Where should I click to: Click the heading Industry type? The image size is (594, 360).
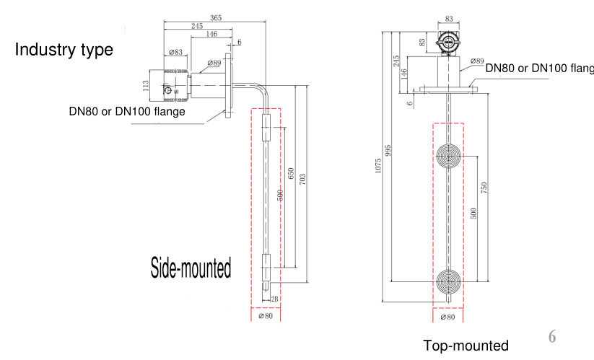pyautogui.click(x=64, y=50)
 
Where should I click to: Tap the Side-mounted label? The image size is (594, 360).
pyautogui.click(x=191, y=268)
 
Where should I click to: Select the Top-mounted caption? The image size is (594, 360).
pyautogui.click(x=466, y=346)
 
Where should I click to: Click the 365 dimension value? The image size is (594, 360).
pyautogui.click(x=215, y=17)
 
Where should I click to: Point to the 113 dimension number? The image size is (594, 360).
pyautogui.click(x=146, y=84)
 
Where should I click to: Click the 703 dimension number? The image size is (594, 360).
pyautogui.click(x=302, y=178)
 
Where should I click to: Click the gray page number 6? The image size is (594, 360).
pyautogui.click(x=552, y=336)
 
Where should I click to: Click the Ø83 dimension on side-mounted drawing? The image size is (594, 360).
pyautogui.click(x=175, y=53)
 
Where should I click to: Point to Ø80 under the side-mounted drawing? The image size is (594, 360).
pyautogui.click(x=265, y=315)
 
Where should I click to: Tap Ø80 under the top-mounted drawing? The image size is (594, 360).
pyautogui.click(x=447, y=316)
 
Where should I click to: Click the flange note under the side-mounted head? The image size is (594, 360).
pyautogui.click(x=127, y=111)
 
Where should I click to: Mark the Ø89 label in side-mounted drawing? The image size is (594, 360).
pyautogui.click(x=214, y=63)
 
